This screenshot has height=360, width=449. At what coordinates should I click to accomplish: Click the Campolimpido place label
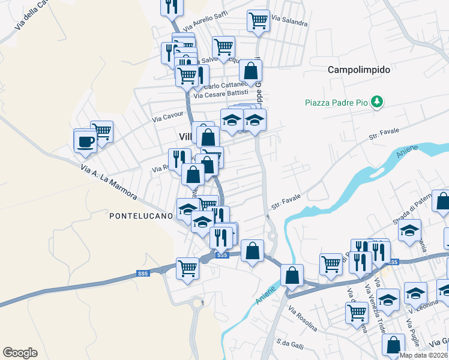click(359, 70)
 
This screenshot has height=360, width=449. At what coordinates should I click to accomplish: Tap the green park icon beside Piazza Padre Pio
click(377, 102)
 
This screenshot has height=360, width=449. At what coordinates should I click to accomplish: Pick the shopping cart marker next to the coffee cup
click(102, 131)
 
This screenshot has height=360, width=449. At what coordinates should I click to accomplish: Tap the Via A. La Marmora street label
click(109, 182)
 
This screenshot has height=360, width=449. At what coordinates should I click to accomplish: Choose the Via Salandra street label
click(289, 21)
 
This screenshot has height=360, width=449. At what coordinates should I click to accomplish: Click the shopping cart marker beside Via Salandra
click(258, 20)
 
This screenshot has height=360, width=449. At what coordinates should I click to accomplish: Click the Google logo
click(20, 353)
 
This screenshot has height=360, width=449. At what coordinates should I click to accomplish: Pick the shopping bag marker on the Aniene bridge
click(292, 275)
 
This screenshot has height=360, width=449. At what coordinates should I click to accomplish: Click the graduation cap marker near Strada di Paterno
click(411, 230)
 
